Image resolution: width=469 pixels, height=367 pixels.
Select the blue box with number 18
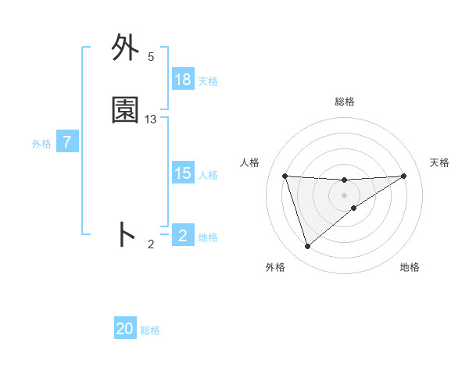183,80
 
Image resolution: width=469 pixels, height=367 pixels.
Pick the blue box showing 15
183,173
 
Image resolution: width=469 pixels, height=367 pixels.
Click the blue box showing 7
67,142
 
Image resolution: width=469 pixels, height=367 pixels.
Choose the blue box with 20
125,329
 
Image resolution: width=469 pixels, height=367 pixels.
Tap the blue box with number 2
183,236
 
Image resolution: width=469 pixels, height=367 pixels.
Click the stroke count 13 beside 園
151,119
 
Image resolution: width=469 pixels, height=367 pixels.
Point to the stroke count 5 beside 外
151,57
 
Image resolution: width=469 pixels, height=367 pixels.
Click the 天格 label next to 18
208,81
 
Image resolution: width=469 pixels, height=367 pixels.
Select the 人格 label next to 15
208,175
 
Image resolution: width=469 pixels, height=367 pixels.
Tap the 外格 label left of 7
41,144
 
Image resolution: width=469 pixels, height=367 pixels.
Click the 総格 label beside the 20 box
150,330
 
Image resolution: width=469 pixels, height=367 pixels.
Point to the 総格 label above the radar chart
345,102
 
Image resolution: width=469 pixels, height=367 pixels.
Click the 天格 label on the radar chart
440,162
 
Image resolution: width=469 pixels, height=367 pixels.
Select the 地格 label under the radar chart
410,267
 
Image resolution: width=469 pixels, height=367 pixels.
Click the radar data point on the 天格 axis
403,176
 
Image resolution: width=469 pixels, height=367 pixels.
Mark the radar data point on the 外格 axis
307,247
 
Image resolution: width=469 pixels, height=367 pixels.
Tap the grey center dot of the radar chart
345,194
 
